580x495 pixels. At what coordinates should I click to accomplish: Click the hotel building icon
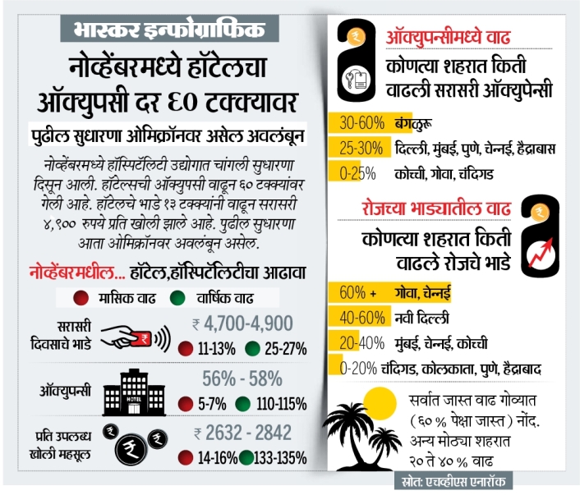[x=134, y=393]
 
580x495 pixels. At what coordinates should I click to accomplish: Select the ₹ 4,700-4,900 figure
[x=242, y=323]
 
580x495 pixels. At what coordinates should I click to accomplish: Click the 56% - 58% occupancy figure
[x=242, y=378]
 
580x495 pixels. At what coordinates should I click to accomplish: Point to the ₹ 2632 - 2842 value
[x=243, y=433]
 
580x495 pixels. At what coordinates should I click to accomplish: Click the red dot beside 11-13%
[x=186, y=349]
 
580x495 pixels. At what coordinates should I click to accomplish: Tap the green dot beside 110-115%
[x=242, y=404]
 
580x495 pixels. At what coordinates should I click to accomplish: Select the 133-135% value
[x=280, y=458]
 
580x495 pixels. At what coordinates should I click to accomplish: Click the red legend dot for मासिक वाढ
[x=81, y=298]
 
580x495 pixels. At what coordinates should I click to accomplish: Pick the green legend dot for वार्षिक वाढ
[x=177, y=298]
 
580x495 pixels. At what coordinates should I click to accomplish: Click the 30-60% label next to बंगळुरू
[x=361, y=123]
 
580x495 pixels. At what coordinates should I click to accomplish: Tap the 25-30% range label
[x=361, y=149]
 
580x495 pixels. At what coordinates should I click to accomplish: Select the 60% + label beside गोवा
[x=357, y=292]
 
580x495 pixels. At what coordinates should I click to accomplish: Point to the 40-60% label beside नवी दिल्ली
[x=362, y=318]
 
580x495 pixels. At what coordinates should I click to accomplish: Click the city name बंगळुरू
[x=413, y=123]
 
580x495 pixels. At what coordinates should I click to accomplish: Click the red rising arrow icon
[x=541, y=253]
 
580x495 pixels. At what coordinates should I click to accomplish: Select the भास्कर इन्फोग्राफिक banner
[x=169, y=29]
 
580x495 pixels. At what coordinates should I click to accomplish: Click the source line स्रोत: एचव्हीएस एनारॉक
[x=453, y=481]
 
